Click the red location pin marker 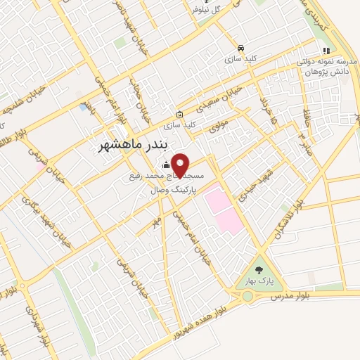(181, 165)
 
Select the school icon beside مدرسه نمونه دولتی (326, 50)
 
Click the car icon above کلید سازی (241, 48)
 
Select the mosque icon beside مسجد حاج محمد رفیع (166, 165)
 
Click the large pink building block (224, 203)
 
